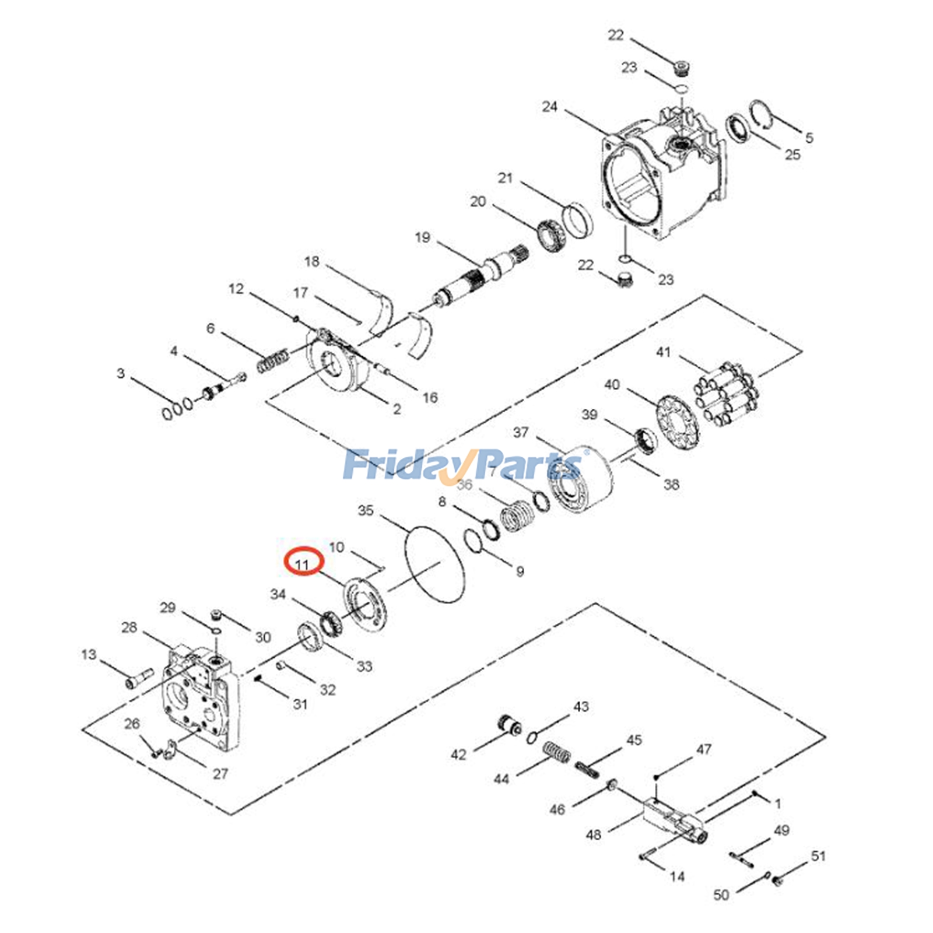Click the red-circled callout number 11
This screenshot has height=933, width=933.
(303, 564)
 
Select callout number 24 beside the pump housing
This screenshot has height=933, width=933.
(549, 107)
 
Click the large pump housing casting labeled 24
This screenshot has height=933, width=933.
(659, 175)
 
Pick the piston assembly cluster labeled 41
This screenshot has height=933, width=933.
(727, 394)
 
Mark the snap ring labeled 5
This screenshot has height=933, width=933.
(761, 114)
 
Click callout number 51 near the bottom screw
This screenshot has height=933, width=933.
(818, 855)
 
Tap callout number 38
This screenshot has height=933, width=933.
(671, 484)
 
